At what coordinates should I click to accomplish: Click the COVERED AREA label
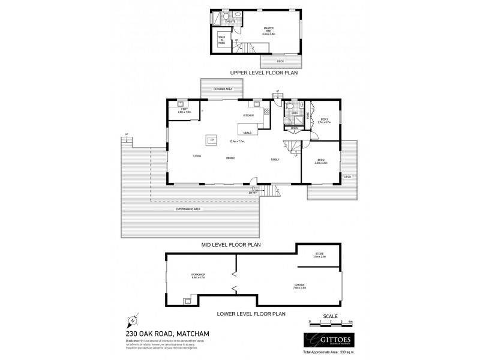(214, 89)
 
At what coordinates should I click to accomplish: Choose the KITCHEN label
(248, 115)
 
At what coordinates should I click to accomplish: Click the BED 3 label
(323, 119)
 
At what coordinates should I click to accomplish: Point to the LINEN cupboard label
(294, 128)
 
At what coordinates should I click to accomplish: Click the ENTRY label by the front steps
(254, 191)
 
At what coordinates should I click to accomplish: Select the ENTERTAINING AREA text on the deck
(188, 208)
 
